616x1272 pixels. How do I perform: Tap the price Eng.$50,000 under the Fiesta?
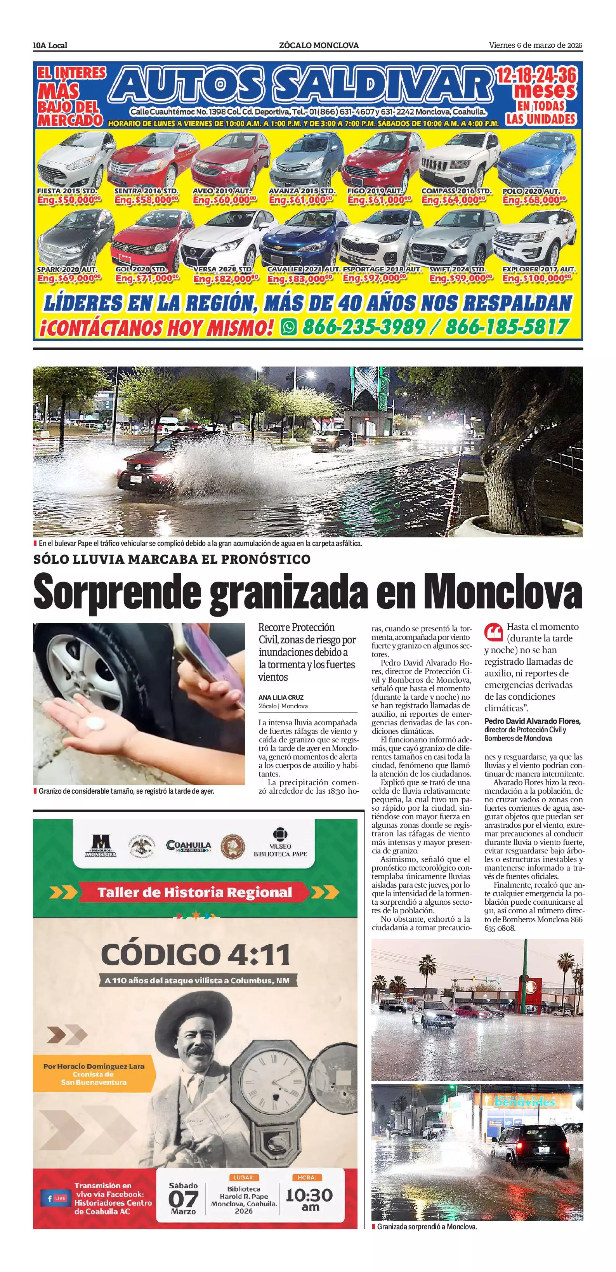pos(69,200)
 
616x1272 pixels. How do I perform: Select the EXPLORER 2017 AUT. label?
pos(538,269)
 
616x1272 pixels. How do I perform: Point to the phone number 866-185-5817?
pos(507,327)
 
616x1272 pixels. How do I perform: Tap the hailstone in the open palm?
pos(94,723)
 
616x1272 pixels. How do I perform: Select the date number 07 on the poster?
pos(183,1199)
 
